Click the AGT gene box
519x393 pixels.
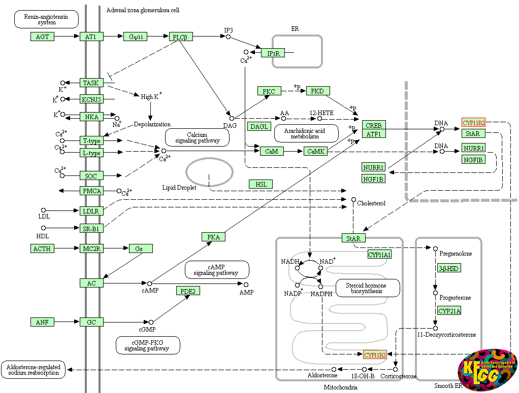click(x=42, y=37)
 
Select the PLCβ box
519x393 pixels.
click(x=181, y=37)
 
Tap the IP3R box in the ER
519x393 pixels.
click(x=273, y=53)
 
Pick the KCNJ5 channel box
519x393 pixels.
click(x=91, y=99)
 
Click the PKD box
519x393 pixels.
click(x=318, y=91)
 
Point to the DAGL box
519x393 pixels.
click(x=259, y=126)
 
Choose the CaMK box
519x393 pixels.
click(x=316, y=151)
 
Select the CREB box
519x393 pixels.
click(x=374, y=125)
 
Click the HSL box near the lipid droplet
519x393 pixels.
click(x=261, y=184)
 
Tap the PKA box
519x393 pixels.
click(x=213, y=237)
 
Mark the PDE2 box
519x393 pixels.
click(x=188, y=291)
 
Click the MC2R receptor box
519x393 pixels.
click(x=91, y=248)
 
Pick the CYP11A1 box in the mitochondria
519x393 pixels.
click(x=380, y=255)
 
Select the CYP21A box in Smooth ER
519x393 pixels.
click(x=449, y=311)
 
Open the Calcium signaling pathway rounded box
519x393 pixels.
click(x=197, y=137)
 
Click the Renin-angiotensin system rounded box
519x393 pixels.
click(x=46, y=19)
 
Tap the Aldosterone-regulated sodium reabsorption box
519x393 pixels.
click(x=34, y=370)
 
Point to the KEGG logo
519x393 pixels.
click(x=487, y=370)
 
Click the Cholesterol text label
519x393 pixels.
click(x=371, y=203)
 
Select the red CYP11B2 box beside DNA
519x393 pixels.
click(x=474, y=123)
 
